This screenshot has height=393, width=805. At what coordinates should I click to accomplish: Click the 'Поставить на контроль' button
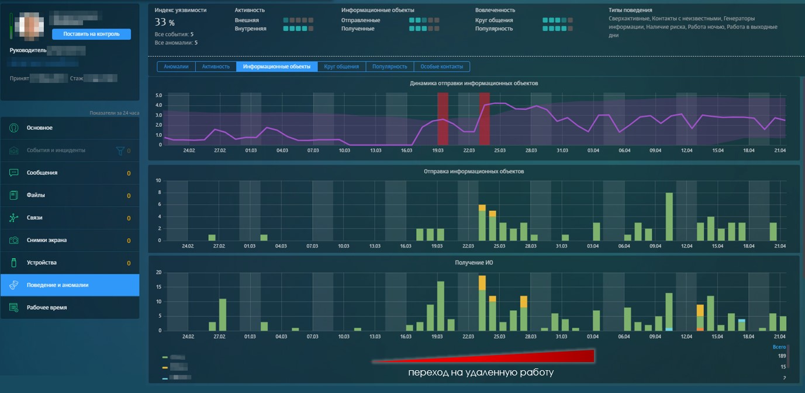point(91,34)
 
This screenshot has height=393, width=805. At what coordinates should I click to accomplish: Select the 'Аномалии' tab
point(176,67)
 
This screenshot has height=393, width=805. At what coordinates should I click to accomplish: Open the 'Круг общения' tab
point(341,67)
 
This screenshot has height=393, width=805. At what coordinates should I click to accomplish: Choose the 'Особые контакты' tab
point(441,67)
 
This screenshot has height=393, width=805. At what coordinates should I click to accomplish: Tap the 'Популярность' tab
point(389,67)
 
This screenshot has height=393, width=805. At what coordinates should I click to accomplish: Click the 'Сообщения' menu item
point(42,173)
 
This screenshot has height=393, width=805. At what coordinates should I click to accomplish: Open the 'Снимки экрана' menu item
point(46,241)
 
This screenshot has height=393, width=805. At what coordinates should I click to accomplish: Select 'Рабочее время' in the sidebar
point(47,308)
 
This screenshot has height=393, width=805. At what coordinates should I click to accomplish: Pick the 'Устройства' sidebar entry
point(42,263)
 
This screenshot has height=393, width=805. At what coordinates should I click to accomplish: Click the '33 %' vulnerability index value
point(164,22)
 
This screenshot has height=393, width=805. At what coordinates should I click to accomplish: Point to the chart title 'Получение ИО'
point(474,263)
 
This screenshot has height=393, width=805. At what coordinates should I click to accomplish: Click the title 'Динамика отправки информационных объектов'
point(474,84)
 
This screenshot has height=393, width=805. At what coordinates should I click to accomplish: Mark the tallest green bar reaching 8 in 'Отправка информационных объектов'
point(669,216)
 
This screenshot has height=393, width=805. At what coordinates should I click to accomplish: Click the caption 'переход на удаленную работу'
point(481,373)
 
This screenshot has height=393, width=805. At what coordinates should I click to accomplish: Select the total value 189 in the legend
point(782,356)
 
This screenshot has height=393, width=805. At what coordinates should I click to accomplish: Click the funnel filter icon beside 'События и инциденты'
point(120,151)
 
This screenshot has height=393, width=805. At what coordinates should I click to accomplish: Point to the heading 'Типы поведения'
point(630,10)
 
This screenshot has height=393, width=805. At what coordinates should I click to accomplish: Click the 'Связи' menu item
point(34,218)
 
